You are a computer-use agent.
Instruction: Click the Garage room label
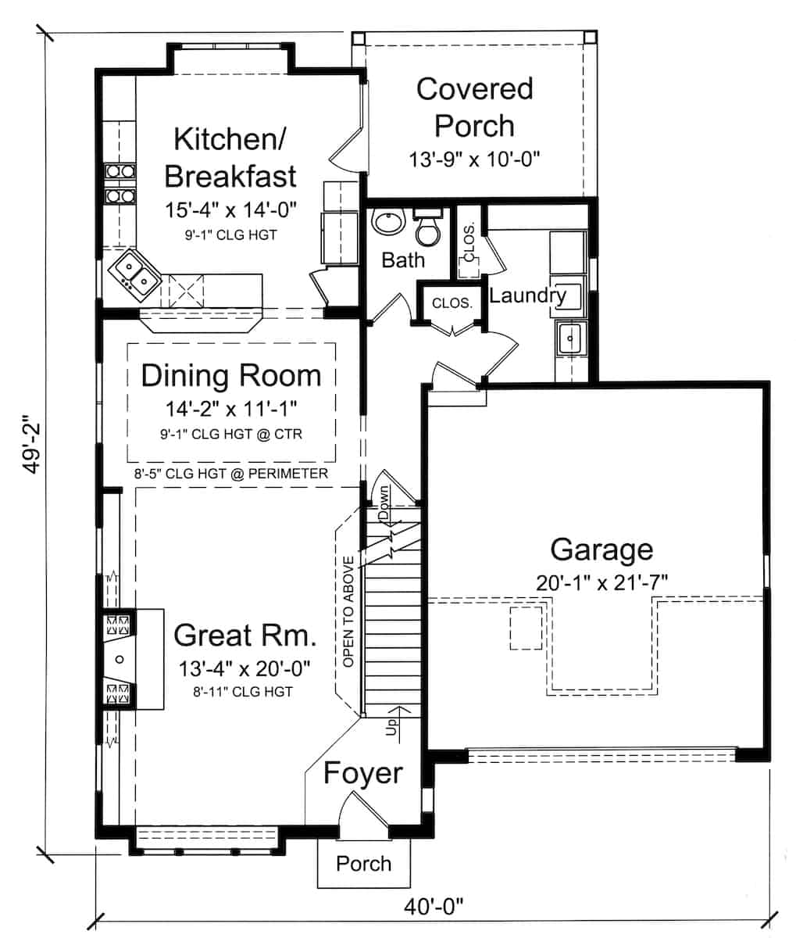[601, 550]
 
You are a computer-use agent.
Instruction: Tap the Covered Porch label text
[474, 107]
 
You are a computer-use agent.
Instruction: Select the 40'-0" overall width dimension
[434, 907]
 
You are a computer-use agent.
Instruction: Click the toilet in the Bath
[427, 227]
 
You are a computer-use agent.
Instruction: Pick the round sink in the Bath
[388, 223]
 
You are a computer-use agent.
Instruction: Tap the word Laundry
[527, 295]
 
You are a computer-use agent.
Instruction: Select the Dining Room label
[230, 376]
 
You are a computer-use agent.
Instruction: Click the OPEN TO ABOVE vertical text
[348, 611]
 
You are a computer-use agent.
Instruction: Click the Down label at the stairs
[384, 504]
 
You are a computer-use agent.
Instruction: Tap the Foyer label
[362, 773]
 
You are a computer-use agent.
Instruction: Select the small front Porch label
[363, 864]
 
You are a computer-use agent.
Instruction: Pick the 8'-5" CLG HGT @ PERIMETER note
[230, 474]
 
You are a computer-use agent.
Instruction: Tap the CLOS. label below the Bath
[452, 303]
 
